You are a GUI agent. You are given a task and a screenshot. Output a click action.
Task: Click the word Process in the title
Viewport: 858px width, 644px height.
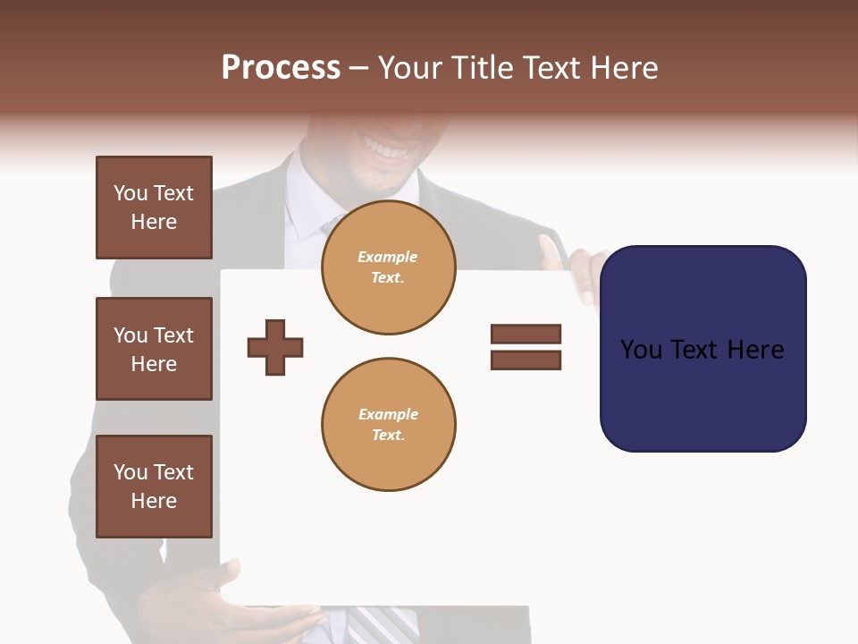coord(281,68)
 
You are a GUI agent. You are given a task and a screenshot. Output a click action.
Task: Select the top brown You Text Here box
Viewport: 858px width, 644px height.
coord(154,208)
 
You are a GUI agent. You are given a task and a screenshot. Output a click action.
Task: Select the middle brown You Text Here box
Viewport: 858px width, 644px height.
coord(154,349)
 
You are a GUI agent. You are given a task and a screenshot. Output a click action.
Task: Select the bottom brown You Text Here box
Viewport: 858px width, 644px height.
coord(154,487)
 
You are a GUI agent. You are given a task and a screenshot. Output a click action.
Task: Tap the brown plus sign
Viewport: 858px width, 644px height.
coord(275,347)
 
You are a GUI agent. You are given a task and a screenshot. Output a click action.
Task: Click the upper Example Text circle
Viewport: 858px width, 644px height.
coord(388,267)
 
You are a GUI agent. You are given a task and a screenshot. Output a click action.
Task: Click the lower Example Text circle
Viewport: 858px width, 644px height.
coord(388,424)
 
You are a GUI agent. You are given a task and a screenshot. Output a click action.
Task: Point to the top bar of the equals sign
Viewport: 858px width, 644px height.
coord(526,334)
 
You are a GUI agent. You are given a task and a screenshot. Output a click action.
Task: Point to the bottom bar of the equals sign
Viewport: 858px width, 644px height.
coord(526,360)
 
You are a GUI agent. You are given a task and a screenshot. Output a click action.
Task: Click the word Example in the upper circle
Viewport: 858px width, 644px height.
coord(387,257)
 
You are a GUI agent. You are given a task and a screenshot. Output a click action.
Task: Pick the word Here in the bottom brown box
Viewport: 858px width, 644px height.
coord(154,501)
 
